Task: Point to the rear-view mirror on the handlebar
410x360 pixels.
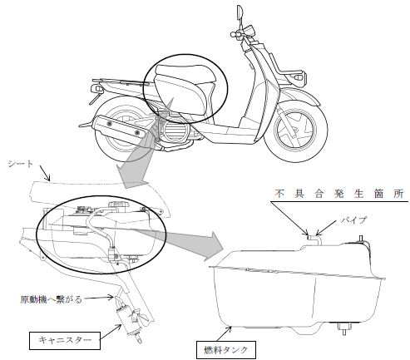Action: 240,12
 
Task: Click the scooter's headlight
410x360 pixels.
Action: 249,30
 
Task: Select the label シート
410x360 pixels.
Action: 21,164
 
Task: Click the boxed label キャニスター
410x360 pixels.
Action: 65,340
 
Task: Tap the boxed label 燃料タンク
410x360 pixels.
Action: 225,350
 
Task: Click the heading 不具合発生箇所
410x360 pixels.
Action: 339,194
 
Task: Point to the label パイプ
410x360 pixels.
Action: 354,220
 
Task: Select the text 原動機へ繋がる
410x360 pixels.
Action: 52,299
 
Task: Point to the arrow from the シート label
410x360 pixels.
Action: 45,173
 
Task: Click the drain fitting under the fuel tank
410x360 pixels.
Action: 343,328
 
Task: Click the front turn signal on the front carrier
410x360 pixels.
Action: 299,76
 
